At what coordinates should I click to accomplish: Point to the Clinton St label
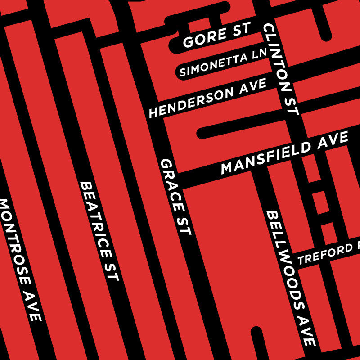pyautogui.click(x=281, y=70)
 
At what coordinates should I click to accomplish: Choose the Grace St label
pyautogui.click(x=175, y=197)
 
